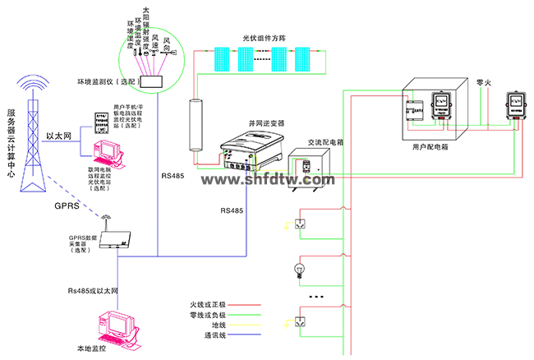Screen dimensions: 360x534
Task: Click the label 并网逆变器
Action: (x=265, y=122)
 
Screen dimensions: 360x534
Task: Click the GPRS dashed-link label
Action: (x=66, y=205)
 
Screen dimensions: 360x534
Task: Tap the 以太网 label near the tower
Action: (x=58, y=136)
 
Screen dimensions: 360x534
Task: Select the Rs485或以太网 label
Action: (x=94, y=291)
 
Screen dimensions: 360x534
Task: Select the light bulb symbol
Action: (x=298, y=269)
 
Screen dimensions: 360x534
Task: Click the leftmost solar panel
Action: (x=223, y=58)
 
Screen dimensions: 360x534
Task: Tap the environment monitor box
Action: (x=153, y=83)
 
